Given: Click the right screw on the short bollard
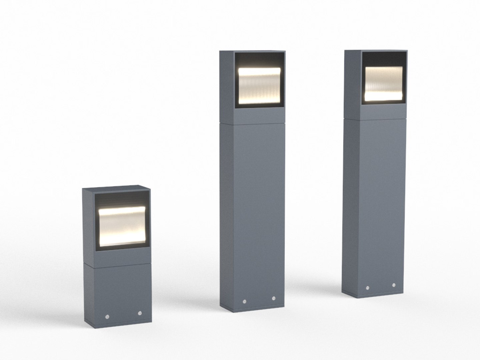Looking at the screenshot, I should click(x=140, y=313).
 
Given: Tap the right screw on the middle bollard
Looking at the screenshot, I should click(x=274, y=299).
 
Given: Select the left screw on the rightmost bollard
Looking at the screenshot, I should click(x=367, y=288).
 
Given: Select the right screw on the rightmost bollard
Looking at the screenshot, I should click(x=394, y=286).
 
